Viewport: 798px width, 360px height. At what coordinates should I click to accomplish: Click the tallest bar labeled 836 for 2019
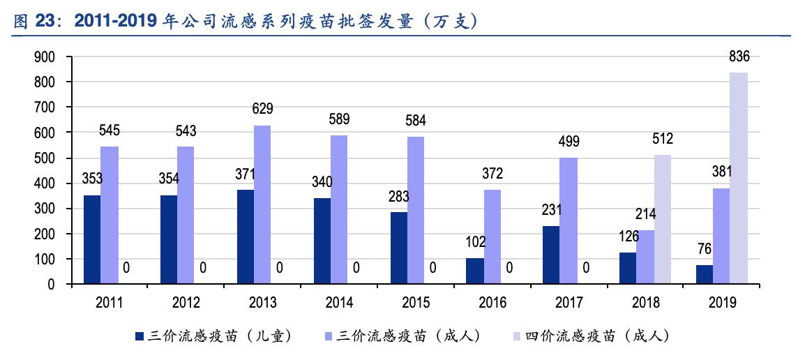click(739, 178)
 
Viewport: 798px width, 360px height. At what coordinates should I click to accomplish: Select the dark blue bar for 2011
click(92, 239)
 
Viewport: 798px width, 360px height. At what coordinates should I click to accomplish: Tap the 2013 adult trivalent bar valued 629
click(262, 204)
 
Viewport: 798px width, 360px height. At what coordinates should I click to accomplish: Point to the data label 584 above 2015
click(416, 121)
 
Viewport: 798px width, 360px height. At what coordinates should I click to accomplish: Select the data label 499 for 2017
click(569, 142)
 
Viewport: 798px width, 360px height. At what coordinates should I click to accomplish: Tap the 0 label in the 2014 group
click(356, 268)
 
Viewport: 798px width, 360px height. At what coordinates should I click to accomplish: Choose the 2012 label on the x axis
click(186, 303)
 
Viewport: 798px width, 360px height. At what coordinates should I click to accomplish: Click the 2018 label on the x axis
click(645, 303)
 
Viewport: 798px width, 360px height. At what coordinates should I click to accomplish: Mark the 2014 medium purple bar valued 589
click(339, 209)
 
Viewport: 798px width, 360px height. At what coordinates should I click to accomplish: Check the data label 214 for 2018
click(645, 215)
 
